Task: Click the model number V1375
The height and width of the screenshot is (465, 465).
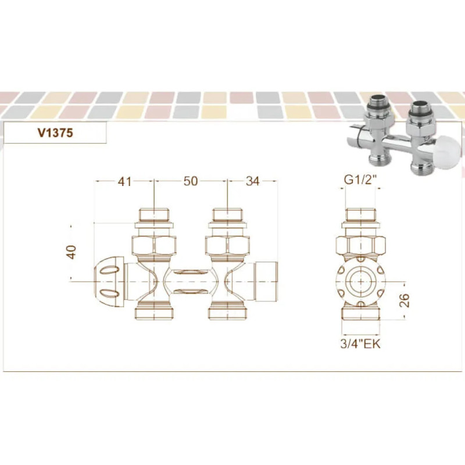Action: coord(55,133)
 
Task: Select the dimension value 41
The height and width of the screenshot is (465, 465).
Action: coord(124,181)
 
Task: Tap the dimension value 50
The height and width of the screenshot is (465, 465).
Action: coord(191,181)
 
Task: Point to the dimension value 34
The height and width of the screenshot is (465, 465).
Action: coord(252,181)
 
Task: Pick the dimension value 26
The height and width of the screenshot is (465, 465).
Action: coord(405,299)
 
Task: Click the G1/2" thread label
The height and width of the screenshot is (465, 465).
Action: coord(360,180)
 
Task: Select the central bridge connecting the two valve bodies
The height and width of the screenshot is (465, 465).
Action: coord(190,280)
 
